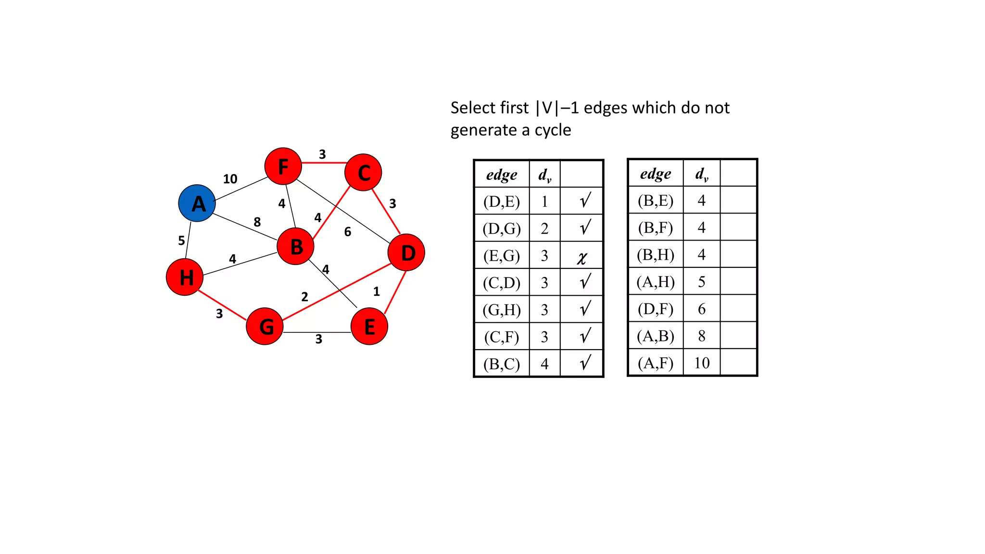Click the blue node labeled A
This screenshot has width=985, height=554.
[x=197, y=203]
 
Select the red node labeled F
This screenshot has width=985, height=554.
[x=283, y=166]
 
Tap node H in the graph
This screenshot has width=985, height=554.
[x=185, y=277]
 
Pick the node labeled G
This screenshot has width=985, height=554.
[x=265, y=327]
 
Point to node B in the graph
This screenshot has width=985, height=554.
[x=295, y=246]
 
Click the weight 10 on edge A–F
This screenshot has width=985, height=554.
[x=230, y=179]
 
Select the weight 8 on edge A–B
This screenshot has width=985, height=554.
[x=257, y=222]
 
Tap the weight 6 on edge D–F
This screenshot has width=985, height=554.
[x=348, y=232]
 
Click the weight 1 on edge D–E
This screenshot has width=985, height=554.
[x=377, y=291]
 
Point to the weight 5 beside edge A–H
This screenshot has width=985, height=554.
[x=181, y=240]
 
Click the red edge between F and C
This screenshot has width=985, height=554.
[x=323, y=163]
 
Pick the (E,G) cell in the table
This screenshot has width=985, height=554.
[x=502, y=255]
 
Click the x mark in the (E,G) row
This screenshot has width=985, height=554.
[x=582, y=258]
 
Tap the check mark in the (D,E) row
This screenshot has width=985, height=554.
[x=585, y=200]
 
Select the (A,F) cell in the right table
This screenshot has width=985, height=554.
[x=655, y=363]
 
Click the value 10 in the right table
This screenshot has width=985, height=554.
[x=702, y=363]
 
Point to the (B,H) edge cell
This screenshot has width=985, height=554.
[x=655, y=254]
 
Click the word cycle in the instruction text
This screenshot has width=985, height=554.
[x=553, y=130]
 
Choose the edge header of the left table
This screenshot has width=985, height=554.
[x=502, y=175]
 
